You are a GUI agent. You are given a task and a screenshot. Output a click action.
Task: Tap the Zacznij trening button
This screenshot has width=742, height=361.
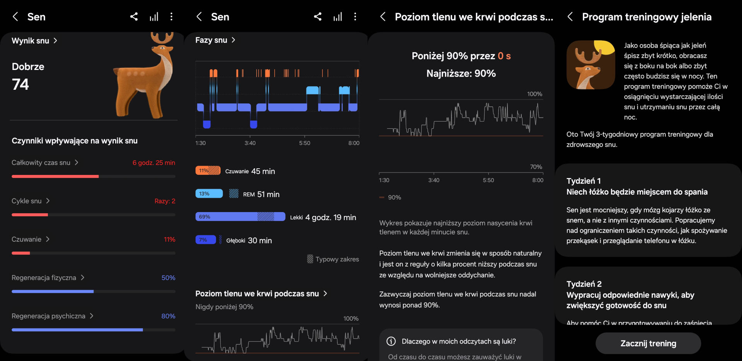(x=648, y=343)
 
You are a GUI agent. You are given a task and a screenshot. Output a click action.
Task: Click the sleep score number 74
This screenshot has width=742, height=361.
(x=20, y=84)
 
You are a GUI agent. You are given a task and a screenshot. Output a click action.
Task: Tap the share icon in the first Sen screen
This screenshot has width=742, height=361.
(x=134, y=17)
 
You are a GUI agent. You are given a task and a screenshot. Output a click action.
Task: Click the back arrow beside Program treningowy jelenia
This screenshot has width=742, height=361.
(x=570, y=17)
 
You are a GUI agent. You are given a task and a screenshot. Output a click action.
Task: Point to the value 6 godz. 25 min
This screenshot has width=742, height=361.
(x=153, y=163)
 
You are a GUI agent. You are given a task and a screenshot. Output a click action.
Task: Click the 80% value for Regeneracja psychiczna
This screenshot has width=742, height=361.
(x=168, y=316)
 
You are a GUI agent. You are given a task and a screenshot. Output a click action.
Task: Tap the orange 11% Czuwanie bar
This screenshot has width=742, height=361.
(x=208, y=171)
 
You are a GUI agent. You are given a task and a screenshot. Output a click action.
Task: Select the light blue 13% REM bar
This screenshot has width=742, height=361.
(x=209, y=193)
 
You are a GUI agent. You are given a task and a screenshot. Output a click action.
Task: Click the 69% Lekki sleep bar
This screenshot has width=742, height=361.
(x=240, y=217)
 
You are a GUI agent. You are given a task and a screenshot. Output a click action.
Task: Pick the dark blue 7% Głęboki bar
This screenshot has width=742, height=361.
(x=206, y=240)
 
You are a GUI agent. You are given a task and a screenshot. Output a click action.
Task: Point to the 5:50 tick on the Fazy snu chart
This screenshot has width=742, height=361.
(x=305, y=143)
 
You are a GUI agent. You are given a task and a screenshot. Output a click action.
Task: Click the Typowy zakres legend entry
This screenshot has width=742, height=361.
(x=333, y=259)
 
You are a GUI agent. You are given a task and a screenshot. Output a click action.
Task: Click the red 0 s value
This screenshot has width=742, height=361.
(x=504, y=56)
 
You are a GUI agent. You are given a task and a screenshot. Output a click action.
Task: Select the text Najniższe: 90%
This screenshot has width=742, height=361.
(x=461, y=74)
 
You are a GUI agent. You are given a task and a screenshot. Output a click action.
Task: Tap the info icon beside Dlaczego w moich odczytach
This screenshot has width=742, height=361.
(x=391, y=341)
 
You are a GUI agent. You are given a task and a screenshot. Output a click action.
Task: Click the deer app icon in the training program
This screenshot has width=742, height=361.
(x=591, y=65)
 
